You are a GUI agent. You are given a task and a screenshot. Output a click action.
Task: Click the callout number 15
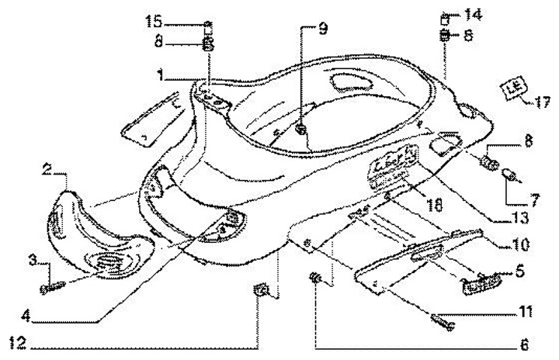point(152,21)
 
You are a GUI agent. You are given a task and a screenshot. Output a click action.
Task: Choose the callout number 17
point(542,99)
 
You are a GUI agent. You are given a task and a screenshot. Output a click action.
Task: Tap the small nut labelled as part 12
point(262,292)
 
